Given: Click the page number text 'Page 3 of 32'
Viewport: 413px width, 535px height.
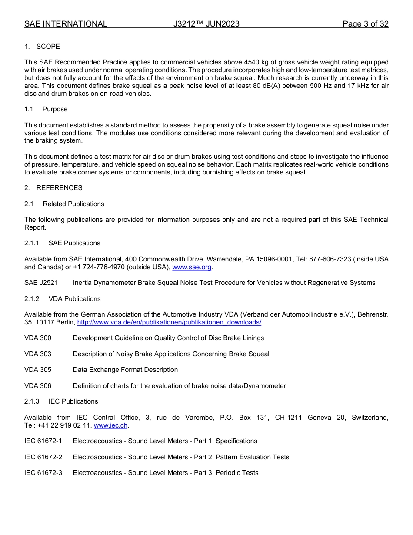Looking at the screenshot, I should pyautogui.click(x=365, y=24).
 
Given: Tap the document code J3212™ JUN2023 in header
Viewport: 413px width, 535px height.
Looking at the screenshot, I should pyautogui.click(x=206, y=24).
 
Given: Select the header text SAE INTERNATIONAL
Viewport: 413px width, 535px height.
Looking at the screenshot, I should pyautogui.click(x=66, y=24).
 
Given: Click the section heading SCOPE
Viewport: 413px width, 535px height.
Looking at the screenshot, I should pyautogui.click(x=48, y=47).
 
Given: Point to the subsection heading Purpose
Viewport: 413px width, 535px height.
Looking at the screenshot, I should pyautogui.click(x=55, y=109).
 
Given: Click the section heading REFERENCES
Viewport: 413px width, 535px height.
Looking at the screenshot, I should pyautogui.click(x=59, y=188).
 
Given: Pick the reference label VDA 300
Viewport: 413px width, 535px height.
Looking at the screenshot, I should pyautogui.click(x=38, y=338).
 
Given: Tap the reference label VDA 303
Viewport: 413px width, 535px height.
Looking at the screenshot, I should pyautogui.click(x=38, y=354).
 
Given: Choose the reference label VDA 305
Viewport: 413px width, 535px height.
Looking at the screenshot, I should pyautogui.click(x=38, y=370).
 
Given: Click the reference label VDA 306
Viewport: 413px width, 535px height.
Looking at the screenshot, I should pyautogui.click(x=38, y=386).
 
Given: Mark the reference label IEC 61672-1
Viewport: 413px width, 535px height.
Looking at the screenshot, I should pyautogui.click(x=43, y=441).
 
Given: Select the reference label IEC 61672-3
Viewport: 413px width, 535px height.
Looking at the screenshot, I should pyautogui.click(x=43, y=473).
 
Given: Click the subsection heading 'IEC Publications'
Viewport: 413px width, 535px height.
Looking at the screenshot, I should pyautogui.click(x=73, y=401).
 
